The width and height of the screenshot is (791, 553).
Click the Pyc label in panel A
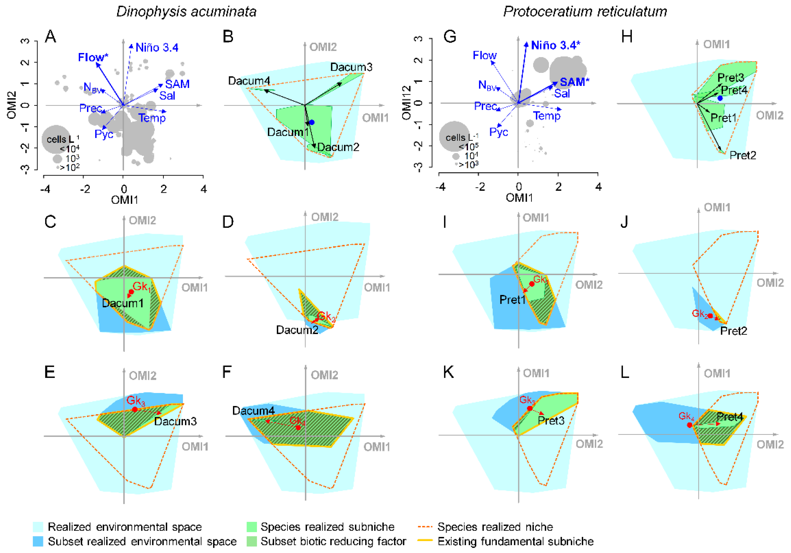tap(104, 134)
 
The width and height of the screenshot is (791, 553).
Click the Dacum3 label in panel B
tap(351, 67)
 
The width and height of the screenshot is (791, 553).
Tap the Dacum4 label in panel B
tap(249, 81)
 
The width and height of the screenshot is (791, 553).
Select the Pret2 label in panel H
tap(743, 155)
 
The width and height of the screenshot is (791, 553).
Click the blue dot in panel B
tap(312, 122)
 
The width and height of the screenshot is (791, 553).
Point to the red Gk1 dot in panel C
tap(131, 292)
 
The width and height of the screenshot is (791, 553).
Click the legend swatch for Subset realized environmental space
tap(38, 541)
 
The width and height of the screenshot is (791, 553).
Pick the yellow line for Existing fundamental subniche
tap(425, 541)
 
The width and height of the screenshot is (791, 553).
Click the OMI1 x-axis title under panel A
tap(124, 200)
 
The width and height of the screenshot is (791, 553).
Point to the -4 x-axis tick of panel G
tap(440, 187)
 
